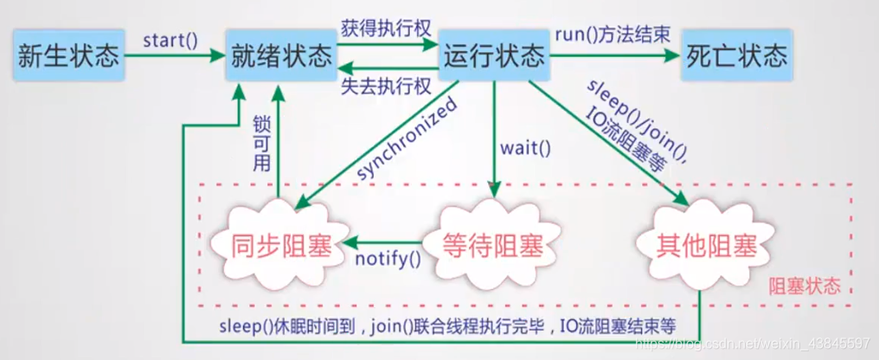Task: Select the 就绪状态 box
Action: point(282,57)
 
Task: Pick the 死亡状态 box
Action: point(736,57)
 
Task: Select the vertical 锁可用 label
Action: point(261,143)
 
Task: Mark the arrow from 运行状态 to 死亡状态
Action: point(613,57)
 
